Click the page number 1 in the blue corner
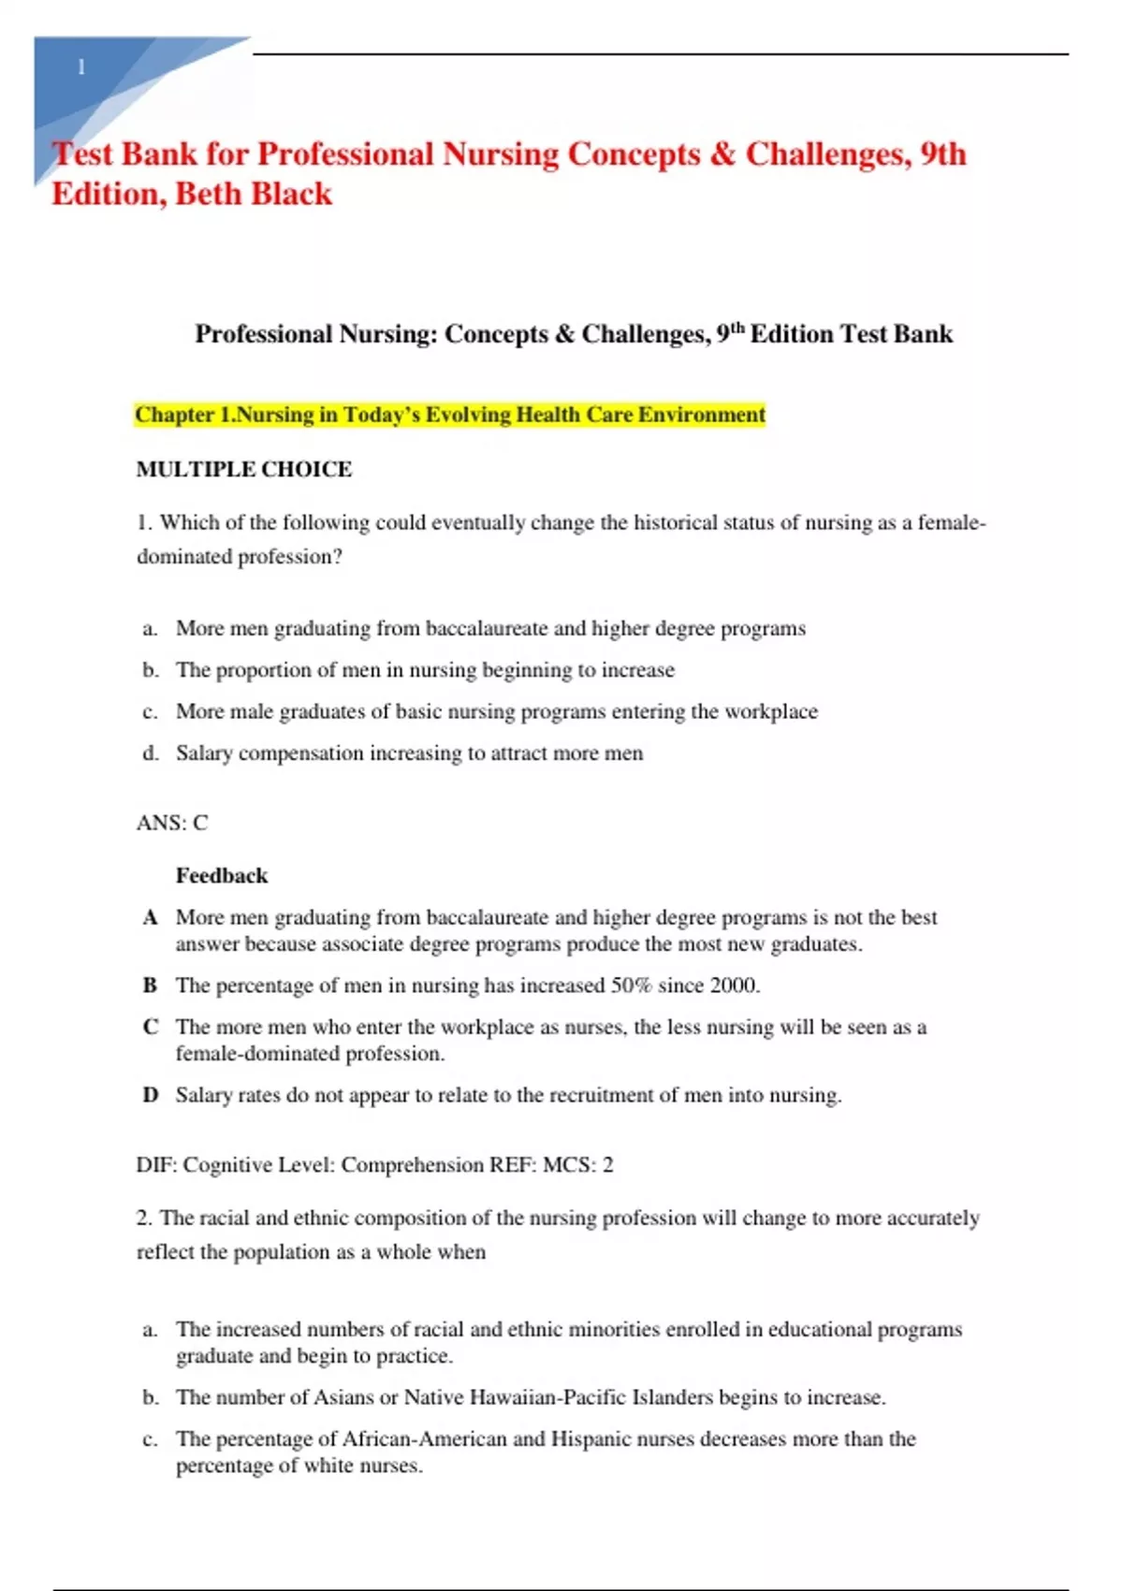[x=81, y=67]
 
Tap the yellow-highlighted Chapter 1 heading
[x=450, y=415]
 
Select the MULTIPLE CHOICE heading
[x=244, y=469]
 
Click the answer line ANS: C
[x=172, y=823]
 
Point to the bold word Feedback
[x=222, y=876]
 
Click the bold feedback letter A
[x=150, y=917]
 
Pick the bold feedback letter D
[x=150, y=1095]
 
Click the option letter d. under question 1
[x=151, y=753]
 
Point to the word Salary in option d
[x=204, y=753]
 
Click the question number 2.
[x=143, y=1219]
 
